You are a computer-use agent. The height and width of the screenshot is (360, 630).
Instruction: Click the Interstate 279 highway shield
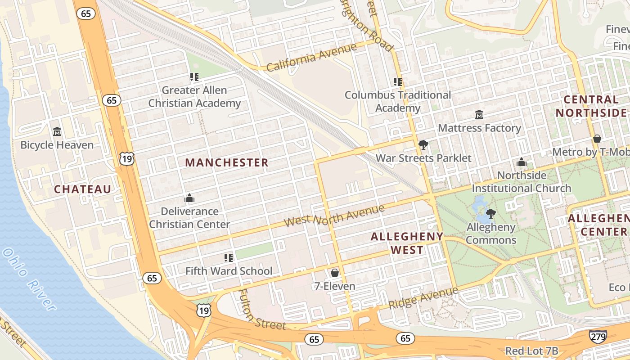tap(598, 336)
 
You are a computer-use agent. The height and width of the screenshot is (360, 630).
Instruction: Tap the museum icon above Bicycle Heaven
tap(57, 132)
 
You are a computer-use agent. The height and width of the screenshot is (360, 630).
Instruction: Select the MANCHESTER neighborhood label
tap(227, 162)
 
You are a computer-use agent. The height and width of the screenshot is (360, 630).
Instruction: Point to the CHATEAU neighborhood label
tap(83, 189)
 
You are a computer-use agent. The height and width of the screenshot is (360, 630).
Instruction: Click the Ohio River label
tap(30, 279)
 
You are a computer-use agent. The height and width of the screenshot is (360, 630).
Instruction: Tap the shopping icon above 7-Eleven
tap(334, 273)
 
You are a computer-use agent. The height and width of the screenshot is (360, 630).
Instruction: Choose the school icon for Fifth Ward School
tap(229, 257)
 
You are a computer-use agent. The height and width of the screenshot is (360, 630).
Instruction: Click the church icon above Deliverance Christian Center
tap(189, 198)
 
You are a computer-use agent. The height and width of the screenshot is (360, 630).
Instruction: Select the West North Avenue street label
tap(335, 216)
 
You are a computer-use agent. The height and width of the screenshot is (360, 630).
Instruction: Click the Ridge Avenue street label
tap(423, 297)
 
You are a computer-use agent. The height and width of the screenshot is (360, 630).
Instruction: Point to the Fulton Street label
tap(261, 309)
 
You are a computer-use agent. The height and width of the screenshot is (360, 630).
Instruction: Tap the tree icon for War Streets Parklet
tap(423, 145)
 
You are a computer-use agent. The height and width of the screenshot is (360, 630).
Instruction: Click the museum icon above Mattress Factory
tap(479, 115)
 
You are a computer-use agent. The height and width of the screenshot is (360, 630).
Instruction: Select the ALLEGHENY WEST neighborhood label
tap(407, 243)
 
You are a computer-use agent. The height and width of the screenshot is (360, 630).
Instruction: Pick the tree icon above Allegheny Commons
tap(491, 213)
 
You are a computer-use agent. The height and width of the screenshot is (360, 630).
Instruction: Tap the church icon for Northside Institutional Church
tap(522, 162)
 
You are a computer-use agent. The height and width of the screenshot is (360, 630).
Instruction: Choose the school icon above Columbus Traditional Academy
tap(397, 82)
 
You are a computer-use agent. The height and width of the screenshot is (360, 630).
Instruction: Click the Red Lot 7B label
tap(531, 351)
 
